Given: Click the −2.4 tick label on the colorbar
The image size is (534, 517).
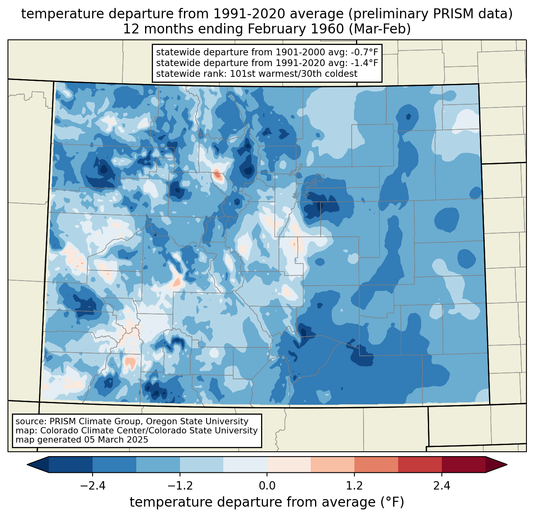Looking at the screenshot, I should [x=93, y=486].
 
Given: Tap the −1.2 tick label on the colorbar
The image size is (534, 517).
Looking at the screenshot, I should [x=180, y=486].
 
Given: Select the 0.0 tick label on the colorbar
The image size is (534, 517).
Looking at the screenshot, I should [x=267, y=486].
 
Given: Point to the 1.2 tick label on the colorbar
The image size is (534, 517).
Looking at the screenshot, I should [x=354, y=486].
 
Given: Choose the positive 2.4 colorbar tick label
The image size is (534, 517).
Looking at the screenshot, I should [x=442, y=486].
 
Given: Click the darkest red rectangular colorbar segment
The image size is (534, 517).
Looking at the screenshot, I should [x=463, y=464].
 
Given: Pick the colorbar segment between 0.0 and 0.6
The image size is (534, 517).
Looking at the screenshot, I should [x=289, y=464].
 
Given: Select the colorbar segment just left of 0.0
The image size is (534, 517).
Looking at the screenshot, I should [x=245, y=464].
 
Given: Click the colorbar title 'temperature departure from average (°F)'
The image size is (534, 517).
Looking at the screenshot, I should [x=267, y=502].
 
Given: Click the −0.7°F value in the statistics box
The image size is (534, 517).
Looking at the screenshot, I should [x=364, y=53].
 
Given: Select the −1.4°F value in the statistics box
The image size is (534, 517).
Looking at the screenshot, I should [x=364, y=63].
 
